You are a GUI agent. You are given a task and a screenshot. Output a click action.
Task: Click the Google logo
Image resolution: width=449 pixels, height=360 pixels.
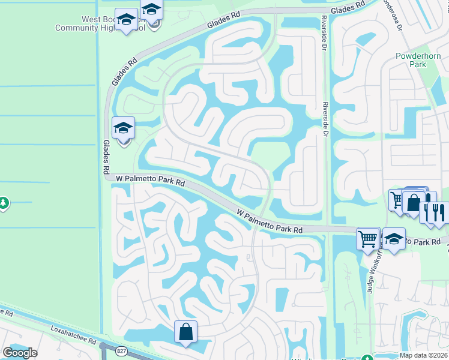(20, 353)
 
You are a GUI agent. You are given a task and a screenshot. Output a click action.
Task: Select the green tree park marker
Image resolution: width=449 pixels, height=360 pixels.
(4, 203)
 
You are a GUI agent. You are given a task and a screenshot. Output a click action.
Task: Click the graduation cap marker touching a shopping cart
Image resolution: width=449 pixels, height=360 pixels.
(393, 240)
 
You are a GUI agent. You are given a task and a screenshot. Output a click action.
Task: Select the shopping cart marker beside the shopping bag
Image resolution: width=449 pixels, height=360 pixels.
(397, 200)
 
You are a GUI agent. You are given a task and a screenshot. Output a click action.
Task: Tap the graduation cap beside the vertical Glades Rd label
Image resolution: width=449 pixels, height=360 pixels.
(124, 129)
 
